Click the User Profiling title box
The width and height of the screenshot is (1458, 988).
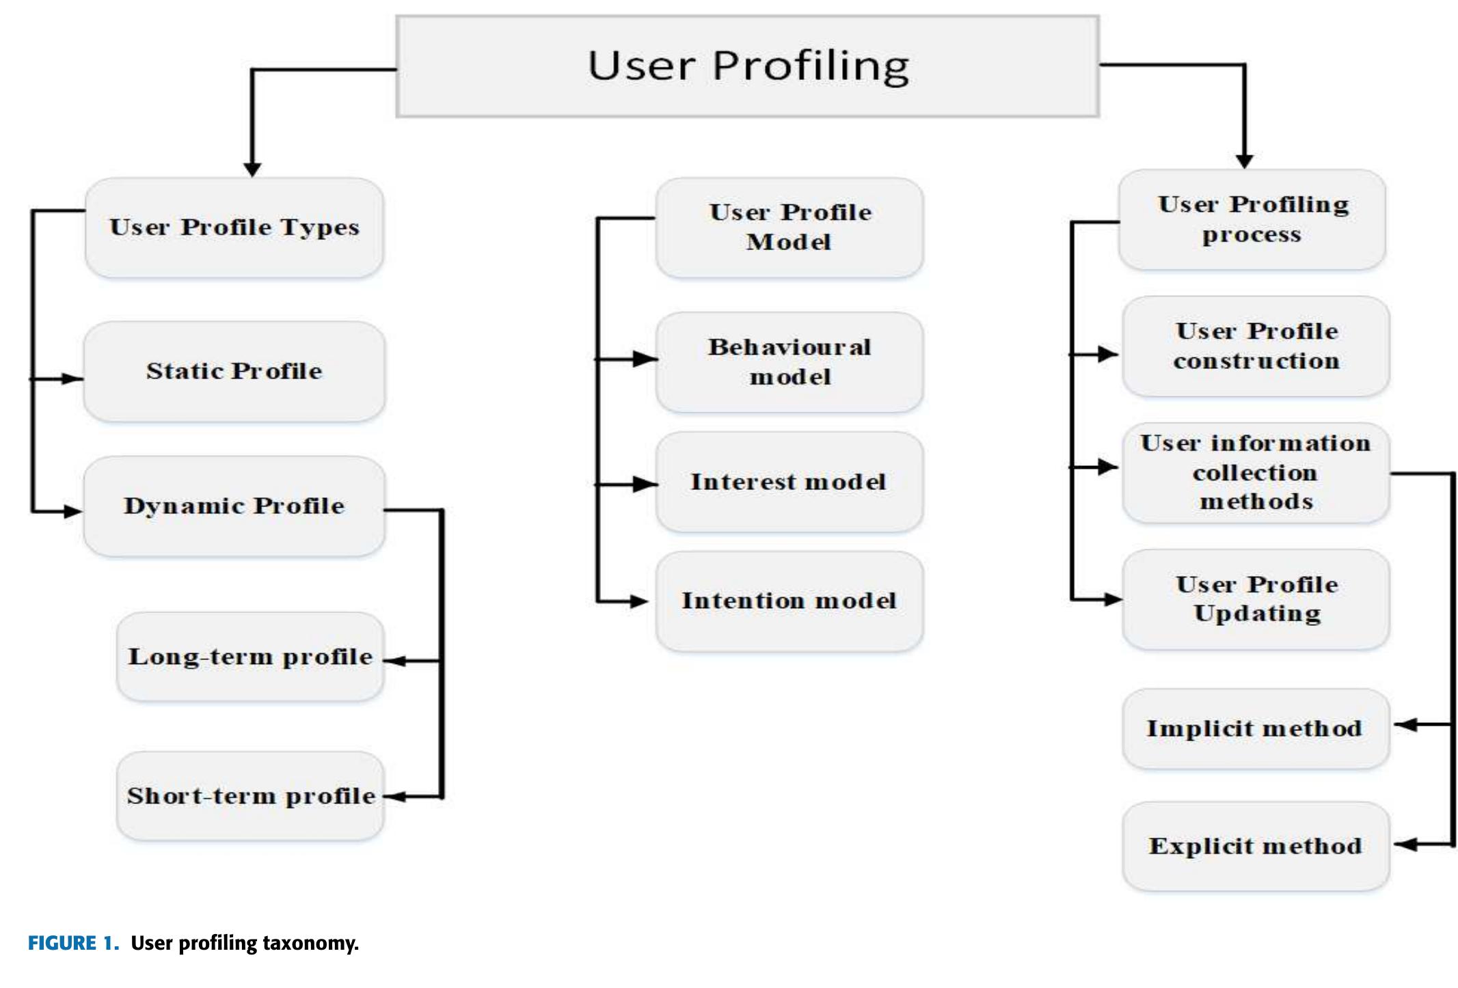(747, 66)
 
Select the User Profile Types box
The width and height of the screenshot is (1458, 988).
(234, 228)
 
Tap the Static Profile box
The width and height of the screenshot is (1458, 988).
(234, 372)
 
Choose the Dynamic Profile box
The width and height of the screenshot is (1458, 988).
(234, 506)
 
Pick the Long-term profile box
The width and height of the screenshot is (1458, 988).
(250, 657)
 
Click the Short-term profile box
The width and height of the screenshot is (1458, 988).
(250, 796)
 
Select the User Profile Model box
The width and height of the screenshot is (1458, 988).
(789, 228)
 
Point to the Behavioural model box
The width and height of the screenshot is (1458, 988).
(789, 362)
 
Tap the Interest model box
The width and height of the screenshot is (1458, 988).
(789, 482)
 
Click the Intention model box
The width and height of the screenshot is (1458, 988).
(789, 601)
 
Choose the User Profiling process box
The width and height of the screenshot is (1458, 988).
(1252, 219)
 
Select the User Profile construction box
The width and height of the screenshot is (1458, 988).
(1256, 346)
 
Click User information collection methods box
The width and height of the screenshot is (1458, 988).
(1256, 473)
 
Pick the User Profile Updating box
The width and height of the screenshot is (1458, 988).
(1256, 599)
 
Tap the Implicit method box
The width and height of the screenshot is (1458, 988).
(1256, 728)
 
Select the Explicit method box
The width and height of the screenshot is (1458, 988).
(1256, 846)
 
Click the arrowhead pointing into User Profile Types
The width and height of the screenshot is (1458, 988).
(252, 169)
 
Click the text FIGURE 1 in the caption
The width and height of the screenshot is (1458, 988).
(73, 944)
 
